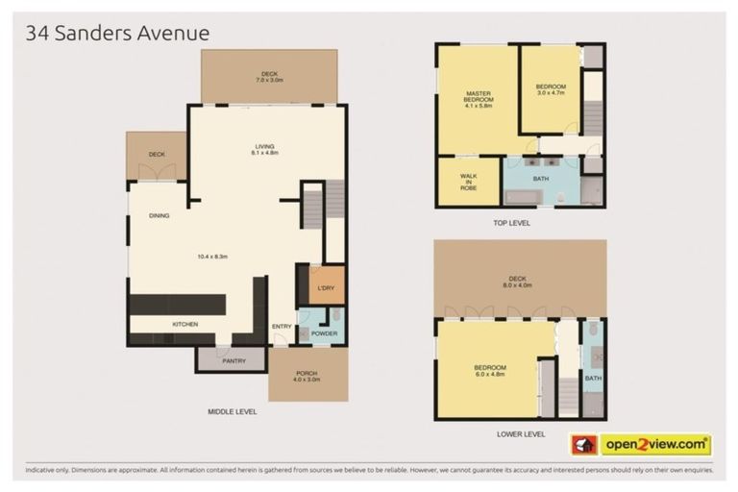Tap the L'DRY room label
click(x=325, y=288)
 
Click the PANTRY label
click(x=234, y=361)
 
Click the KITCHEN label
click(x=184, y=324)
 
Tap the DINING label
click(x=160, y=216)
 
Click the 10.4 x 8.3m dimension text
click(x=211, y=256)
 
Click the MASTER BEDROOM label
click(x=478, y=98)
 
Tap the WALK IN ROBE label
click(x=468, y=182)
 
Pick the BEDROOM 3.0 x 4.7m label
click(x=551, y=91)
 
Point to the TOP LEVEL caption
click(x=510, y=223)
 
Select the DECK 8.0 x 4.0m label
click(x=518, y=283)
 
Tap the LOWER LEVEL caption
click(x=521, y=433)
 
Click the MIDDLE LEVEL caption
click(x=233, y=410)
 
